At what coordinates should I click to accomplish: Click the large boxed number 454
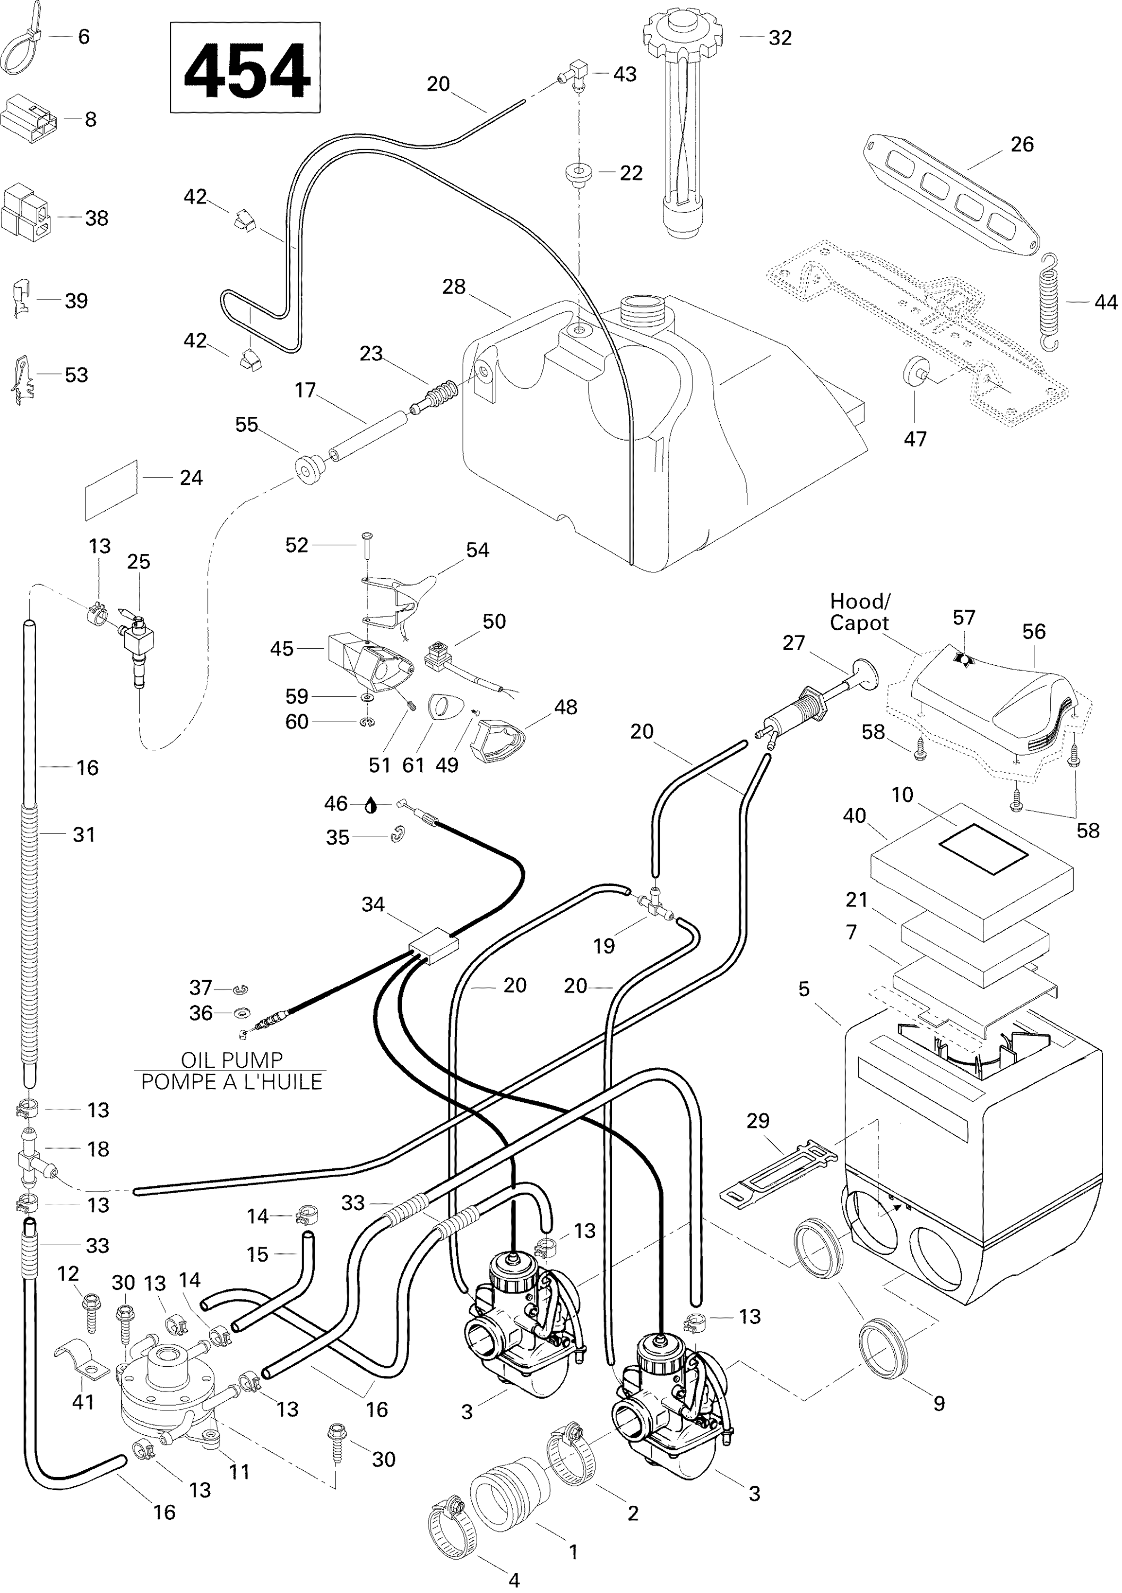click(x=246, y=68)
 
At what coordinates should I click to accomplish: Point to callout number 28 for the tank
click(x=454, y=287)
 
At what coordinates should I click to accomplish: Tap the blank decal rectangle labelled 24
click(x=111, y=490)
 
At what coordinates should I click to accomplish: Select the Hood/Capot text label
click(x=859, y=612)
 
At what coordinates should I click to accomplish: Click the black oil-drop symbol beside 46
click(x=371, y=805)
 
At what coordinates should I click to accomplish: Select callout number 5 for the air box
click(x=804, y=989)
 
